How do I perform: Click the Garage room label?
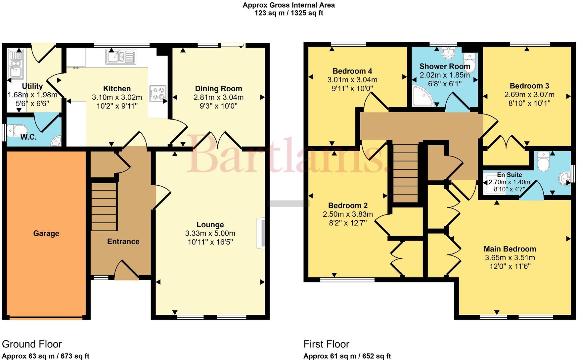pos(46,233)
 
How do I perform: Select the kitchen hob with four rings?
pos(158,93)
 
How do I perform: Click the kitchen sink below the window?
pos(121,57)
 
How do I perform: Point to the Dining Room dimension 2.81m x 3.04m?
pos(218,97)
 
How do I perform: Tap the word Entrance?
pos(123,241)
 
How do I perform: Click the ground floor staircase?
pos(104,207)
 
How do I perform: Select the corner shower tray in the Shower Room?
pos(422,96)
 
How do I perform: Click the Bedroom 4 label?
pos(352,71)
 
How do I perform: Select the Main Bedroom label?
pos(510,249)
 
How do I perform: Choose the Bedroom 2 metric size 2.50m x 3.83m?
pos(347,214)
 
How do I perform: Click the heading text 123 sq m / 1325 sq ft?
pos(288,13)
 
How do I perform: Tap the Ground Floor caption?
pos(32,344)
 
